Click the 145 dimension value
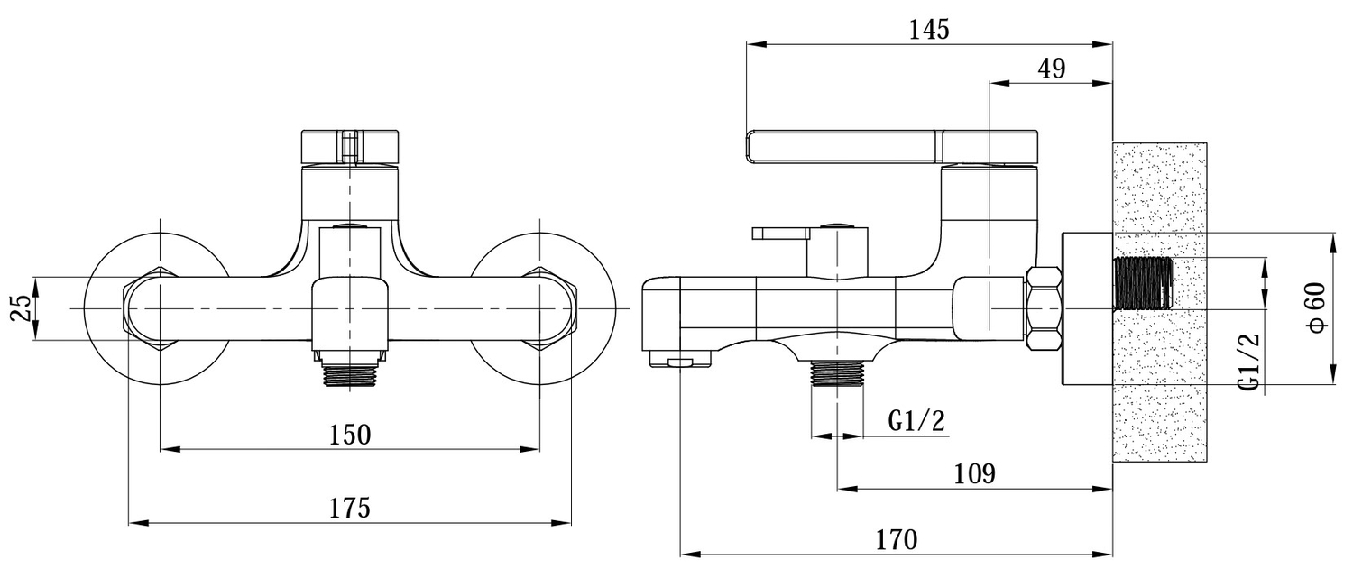coord(930,29)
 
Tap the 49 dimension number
coord(1052,69)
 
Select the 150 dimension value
coord(350,435)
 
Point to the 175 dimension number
coord(350,508)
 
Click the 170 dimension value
coord(897,540)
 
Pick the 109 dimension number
coord(974,474)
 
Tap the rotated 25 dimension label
coord(22,308)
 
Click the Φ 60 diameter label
coord(1317,307)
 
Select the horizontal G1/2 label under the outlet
coord(916,421)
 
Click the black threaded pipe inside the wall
coord(1143,283)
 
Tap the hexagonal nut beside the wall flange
coord(1045,308)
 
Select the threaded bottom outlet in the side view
coord(836,372)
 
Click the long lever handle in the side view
coord(892,147)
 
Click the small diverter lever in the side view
coord(781,234)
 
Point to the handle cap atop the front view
coord(350,147)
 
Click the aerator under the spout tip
coord(681,362)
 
